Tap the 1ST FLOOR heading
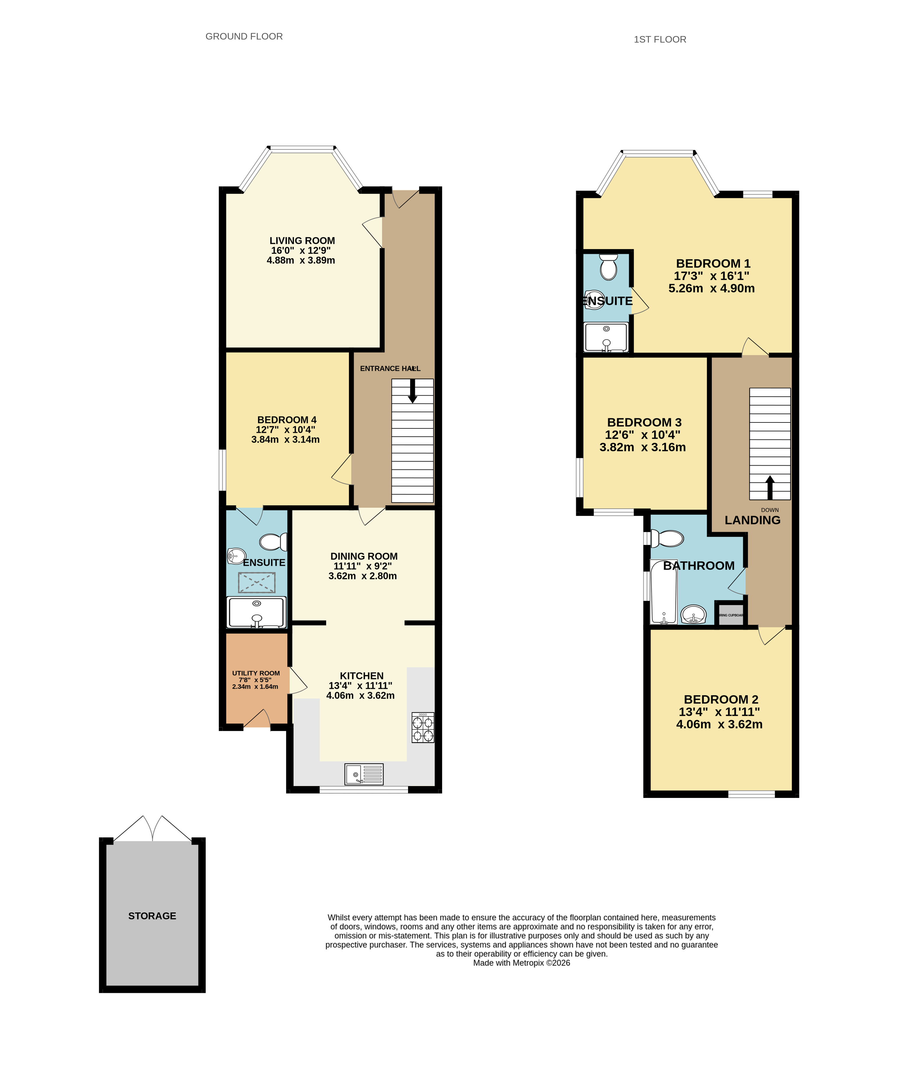[x=660, y=39]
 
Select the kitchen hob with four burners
[x=423, y=728]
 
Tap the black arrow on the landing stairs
[x=770, y=486]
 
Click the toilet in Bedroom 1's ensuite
[x=608, y=266]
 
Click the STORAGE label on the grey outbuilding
[x=152, y=916]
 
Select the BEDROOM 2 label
[x=721, y=699]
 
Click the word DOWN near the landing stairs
[x=770, y=510]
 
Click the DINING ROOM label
[x=364, y=556]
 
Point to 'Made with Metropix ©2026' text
[x=521, y=963]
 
